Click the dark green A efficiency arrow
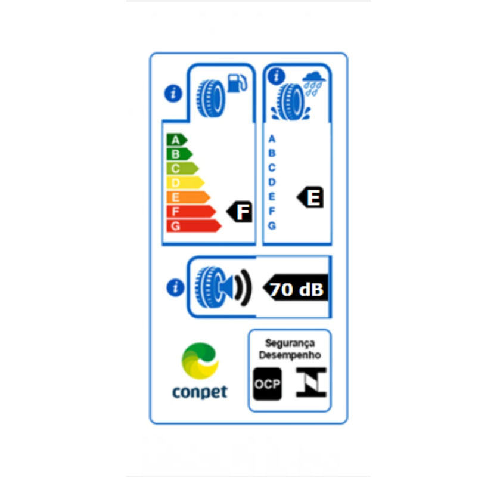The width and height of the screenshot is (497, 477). [177, 140]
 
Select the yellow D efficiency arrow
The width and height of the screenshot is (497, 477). [185, 183]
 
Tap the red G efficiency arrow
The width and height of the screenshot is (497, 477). [194, 226]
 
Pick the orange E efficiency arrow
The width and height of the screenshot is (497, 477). [188, 197]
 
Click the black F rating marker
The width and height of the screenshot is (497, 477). [240, 212]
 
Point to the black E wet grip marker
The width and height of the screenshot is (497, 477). [310, 197]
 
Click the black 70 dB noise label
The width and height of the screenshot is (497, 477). [296, 287]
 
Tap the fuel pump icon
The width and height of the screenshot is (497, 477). [237, 83]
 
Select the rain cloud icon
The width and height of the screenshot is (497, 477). [313, 83]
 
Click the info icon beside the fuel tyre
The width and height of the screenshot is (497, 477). [173, 94]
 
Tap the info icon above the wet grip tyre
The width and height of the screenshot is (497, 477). [277, 76]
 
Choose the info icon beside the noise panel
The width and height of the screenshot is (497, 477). [175, 287]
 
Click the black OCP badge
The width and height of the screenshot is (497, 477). [267, 384]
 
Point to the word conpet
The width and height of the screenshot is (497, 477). [200, 392]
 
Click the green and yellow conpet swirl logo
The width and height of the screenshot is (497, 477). [200, 361]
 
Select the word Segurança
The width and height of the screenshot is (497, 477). [290, 343]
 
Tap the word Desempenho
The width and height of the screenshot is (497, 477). [290, 355]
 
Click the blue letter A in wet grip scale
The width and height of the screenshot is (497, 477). [272, 139]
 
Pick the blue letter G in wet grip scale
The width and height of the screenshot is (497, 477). [272, 225]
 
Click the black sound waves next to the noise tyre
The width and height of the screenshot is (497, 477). [243, 287]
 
